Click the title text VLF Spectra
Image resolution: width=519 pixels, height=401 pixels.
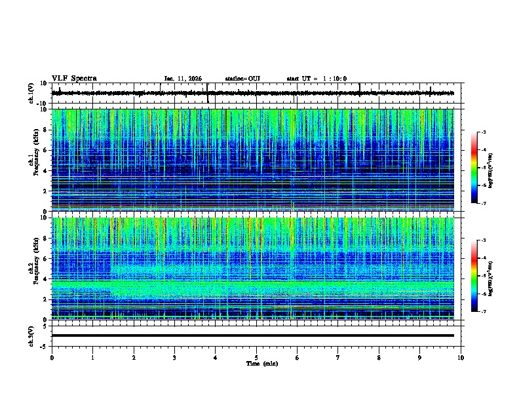[x=74, y=79]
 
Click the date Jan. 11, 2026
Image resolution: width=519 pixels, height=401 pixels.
[x=183, y=79]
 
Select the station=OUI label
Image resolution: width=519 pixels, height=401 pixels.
[x=242, y=79]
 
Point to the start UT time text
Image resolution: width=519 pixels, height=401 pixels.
[x=317, y=79]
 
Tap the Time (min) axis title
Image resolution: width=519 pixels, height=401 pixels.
[x=261, y=364]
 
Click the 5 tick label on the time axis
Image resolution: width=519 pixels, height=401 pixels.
[x=256, y=358]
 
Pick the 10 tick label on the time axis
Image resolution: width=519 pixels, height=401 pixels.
[x=461, y=358]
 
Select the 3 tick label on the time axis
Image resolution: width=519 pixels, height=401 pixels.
[x=174, y=358]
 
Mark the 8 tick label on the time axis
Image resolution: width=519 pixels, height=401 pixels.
[x=379, y=358]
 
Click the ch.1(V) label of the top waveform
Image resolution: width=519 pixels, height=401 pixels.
[x=31, y=93]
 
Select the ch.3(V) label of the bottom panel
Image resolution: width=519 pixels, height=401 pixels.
[x=31, y=335]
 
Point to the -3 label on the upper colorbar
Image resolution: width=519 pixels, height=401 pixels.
[x=484, y=133]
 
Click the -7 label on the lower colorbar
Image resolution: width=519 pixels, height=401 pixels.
[x=484, y=312]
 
